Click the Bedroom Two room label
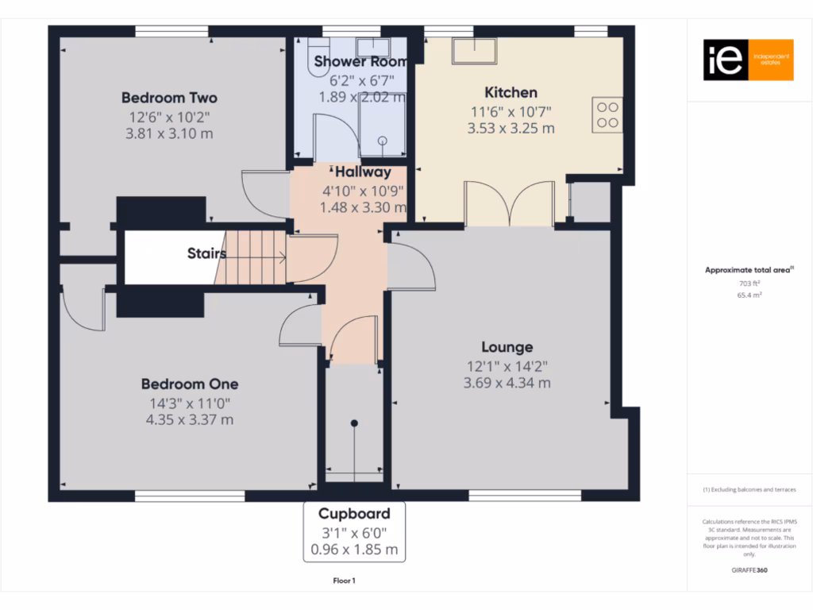(x=169, y=98)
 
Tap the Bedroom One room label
(x=190, y=384)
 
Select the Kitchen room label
(x=511, y=92)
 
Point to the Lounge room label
(x=507, y=347)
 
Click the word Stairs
(x=206, y=254)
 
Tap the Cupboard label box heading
(x=354, y=513)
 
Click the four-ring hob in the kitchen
(x=607, y=114)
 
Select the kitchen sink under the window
(x=474, y=52)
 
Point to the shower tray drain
(x=382, y=140)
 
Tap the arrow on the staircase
(x=280, y=256)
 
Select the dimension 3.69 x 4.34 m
(x=507, y=383)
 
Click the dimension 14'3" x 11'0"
(x=190, y=402)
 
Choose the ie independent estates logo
(x=748, y=60)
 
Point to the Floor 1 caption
(x=344, y=581)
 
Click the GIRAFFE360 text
(x=749, y=569)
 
